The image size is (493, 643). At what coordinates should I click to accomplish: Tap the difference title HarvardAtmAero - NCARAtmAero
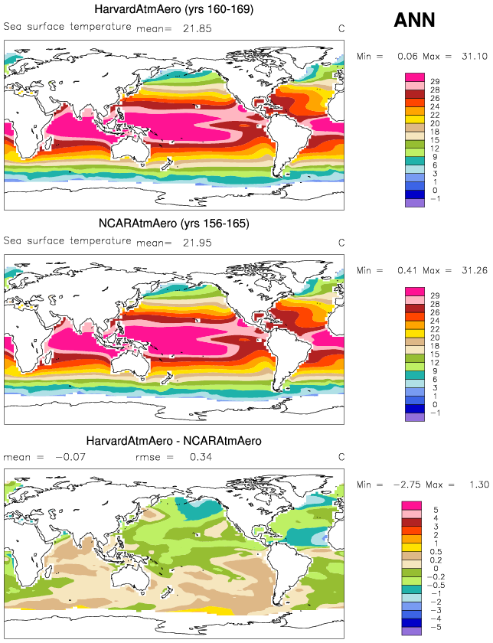175,441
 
